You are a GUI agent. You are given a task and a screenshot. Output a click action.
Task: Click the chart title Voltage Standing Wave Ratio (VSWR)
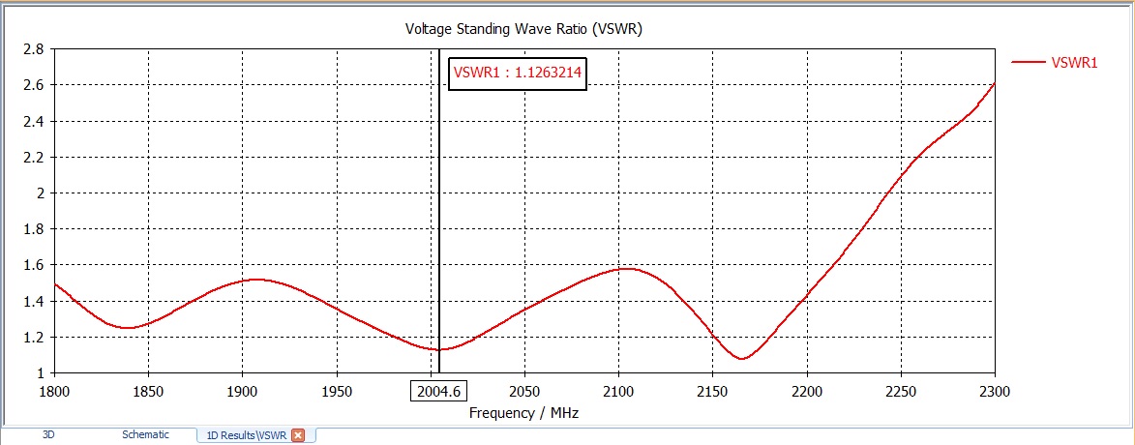[x=523, y=29]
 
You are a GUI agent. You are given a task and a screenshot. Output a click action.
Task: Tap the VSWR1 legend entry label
[x=1074, y=62]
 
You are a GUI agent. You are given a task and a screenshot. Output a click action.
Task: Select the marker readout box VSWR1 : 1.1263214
[x=518, y=73]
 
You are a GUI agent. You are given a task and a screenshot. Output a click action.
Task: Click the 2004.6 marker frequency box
[x=438, y=391]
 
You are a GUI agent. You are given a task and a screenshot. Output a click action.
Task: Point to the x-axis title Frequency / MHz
[x=523, y=412]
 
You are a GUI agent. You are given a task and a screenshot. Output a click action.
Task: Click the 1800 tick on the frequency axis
[x=54, y=391]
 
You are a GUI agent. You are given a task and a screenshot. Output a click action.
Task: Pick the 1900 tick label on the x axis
[x=242, y=391]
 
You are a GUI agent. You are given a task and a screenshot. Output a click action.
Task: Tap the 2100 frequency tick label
[x=618, y=391]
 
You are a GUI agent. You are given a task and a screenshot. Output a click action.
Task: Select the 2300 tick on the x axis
[x=994, y=391]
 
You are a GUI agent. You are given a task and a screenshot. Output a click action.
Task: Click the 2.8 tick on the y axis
[x=33, y=48]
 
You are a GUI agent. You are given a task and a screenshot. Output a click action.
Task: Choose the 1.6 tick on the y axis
[x=33, y=265]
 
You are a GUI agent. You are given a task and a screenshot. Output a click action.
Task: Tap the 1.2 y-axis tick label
[x=33, y=337]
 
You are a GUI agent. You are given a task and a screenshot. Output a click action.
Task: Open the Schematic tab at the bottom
[x=145, y=435]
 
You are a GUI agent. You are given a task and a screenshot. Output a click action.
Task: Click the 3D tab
[x=48, y=435]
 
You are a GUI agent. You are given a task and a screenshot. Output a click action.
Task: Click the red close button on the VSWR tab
[x=298, y=435]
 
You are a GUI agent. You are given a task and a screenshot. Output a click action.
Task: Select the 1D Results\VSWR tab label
[x=246, y=435]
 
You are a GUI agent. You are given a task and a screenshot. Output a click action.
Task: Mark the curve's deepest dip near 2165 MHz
[x=742, y=359]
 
